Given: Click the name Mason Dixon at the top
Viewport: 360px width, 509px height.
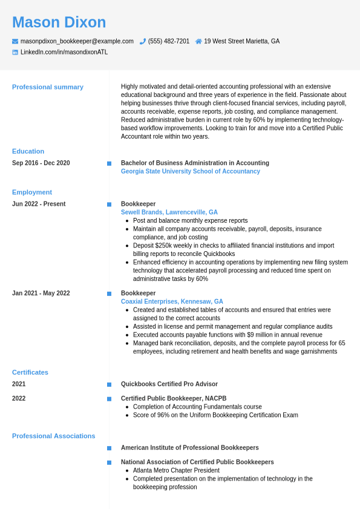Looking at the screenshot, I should [x=59, y=22].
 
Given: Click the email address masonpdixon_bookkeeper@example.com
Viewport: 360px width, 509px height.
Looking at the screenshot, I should [x=77, y=41].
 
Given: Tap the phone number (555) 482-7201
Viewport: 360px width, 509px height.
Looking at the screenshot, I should [x=169, y=41].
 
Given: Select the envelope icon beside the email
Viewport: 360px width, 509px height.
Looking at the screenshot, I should [x=15, y=41].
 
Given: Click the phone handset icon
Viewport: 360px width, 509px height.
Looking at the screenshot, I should [x=143, y=41].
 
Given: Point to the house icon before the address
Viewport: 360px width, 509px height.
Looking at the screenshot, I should [x=198, y=41].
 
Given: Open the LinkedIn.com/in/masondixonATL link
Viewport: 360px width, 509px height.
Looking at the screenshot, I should [x=64, y=52].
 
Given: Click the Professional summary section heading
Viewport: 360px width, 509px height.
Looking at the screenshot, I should [x=48, y=87].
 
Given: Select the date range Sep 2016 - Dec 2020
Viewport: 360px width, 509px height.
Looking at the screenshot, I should [x=41, y=163].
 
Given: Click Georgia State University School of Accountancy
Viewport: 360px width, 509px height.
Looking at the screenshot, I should [x=191, y=171].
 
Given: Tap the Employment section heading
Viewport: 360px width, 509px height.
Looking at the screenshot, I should [x=32, y=192].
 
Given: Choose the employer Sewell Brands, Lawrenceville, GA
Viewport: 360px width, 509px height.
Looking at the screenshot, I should [x=169, y=212].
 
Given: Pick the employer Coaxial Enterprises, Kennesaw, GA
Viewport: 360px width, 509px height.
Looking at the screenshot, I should [x=172, y=301].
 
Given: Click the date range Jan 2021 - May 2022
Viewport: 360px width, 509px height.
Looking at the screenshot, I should [x=41, y=293].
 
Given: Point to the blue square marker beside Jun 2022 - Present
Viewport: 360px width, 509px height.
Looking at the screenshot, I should [x=109, y=205].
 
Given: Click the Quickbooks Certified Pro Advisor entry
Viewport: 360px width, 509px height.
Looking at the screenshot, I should [x=169, y=384].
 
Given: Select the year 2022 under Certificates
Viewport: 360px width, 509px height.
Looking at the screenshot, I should [x=19, y=398].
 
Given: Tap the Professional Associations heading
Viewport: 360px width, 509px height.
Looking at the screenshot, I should [x=54, y=436].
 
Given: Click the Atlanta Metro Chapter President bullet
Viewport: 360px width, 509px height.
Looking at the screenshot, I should [x=176, y=470].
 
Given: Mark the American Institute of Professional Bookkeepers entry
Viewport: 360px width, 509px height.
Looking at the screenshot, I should [x=190, y=448].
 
